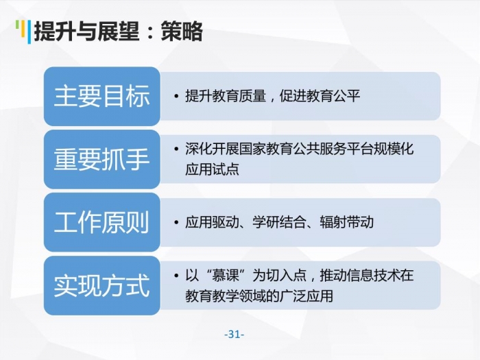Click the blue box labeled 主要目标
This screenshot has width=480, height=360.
pyautogui.click(x=102, y=97)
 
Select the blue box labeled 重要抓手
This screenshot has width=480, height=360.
pyautogui.click(x=102, y=160)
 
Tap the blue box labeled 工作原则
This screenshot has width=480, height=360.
pyautogui.click(x=102, y=223)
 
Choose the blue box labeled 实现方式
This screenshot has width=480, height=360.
pyautogui.click(x=102, y=286)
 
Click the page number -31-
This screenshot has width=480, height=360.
pyautogui.click(x=235, y=334)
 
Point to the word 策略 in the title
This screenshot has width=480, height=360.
pyautogui.click(x=182, y=32)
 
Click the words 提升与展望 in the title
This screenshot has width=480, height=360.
pyautogui.click(x=86, y=32)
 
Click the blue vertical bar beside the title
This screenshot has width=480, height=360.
pyautogui.click(x=29, y=32)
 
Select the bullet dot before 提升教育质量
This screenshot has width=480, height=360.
pyautogui.click(x=176, y=96)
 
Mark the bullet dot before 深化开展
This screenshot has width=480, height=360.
pyautogui.click(x=176, y=149)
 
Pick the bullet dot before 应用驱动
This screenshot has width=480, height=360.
pyautogui.click(x=176, y=222)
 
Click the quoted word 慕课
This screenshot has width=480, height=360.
pyautogui.click(x=226, y=275)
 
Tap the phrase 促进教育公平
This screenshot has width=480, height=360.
pyautogui.click(x=320, y=96)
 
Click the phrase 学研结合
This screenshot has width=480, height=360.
pyautogui.click(x=279, y=222)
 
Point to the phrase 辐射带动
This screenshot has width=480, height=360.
pyautogui.click(x=346, y=222)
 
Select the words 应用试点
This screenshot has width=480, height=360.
pyautogui.click(x=212, y=169)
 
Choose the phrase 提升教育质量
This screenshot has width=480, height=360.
pyautogui.click(x=226, y=96)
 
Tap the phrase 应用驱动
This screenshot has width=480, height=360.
pyautogui.click(x=212, y=222)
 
